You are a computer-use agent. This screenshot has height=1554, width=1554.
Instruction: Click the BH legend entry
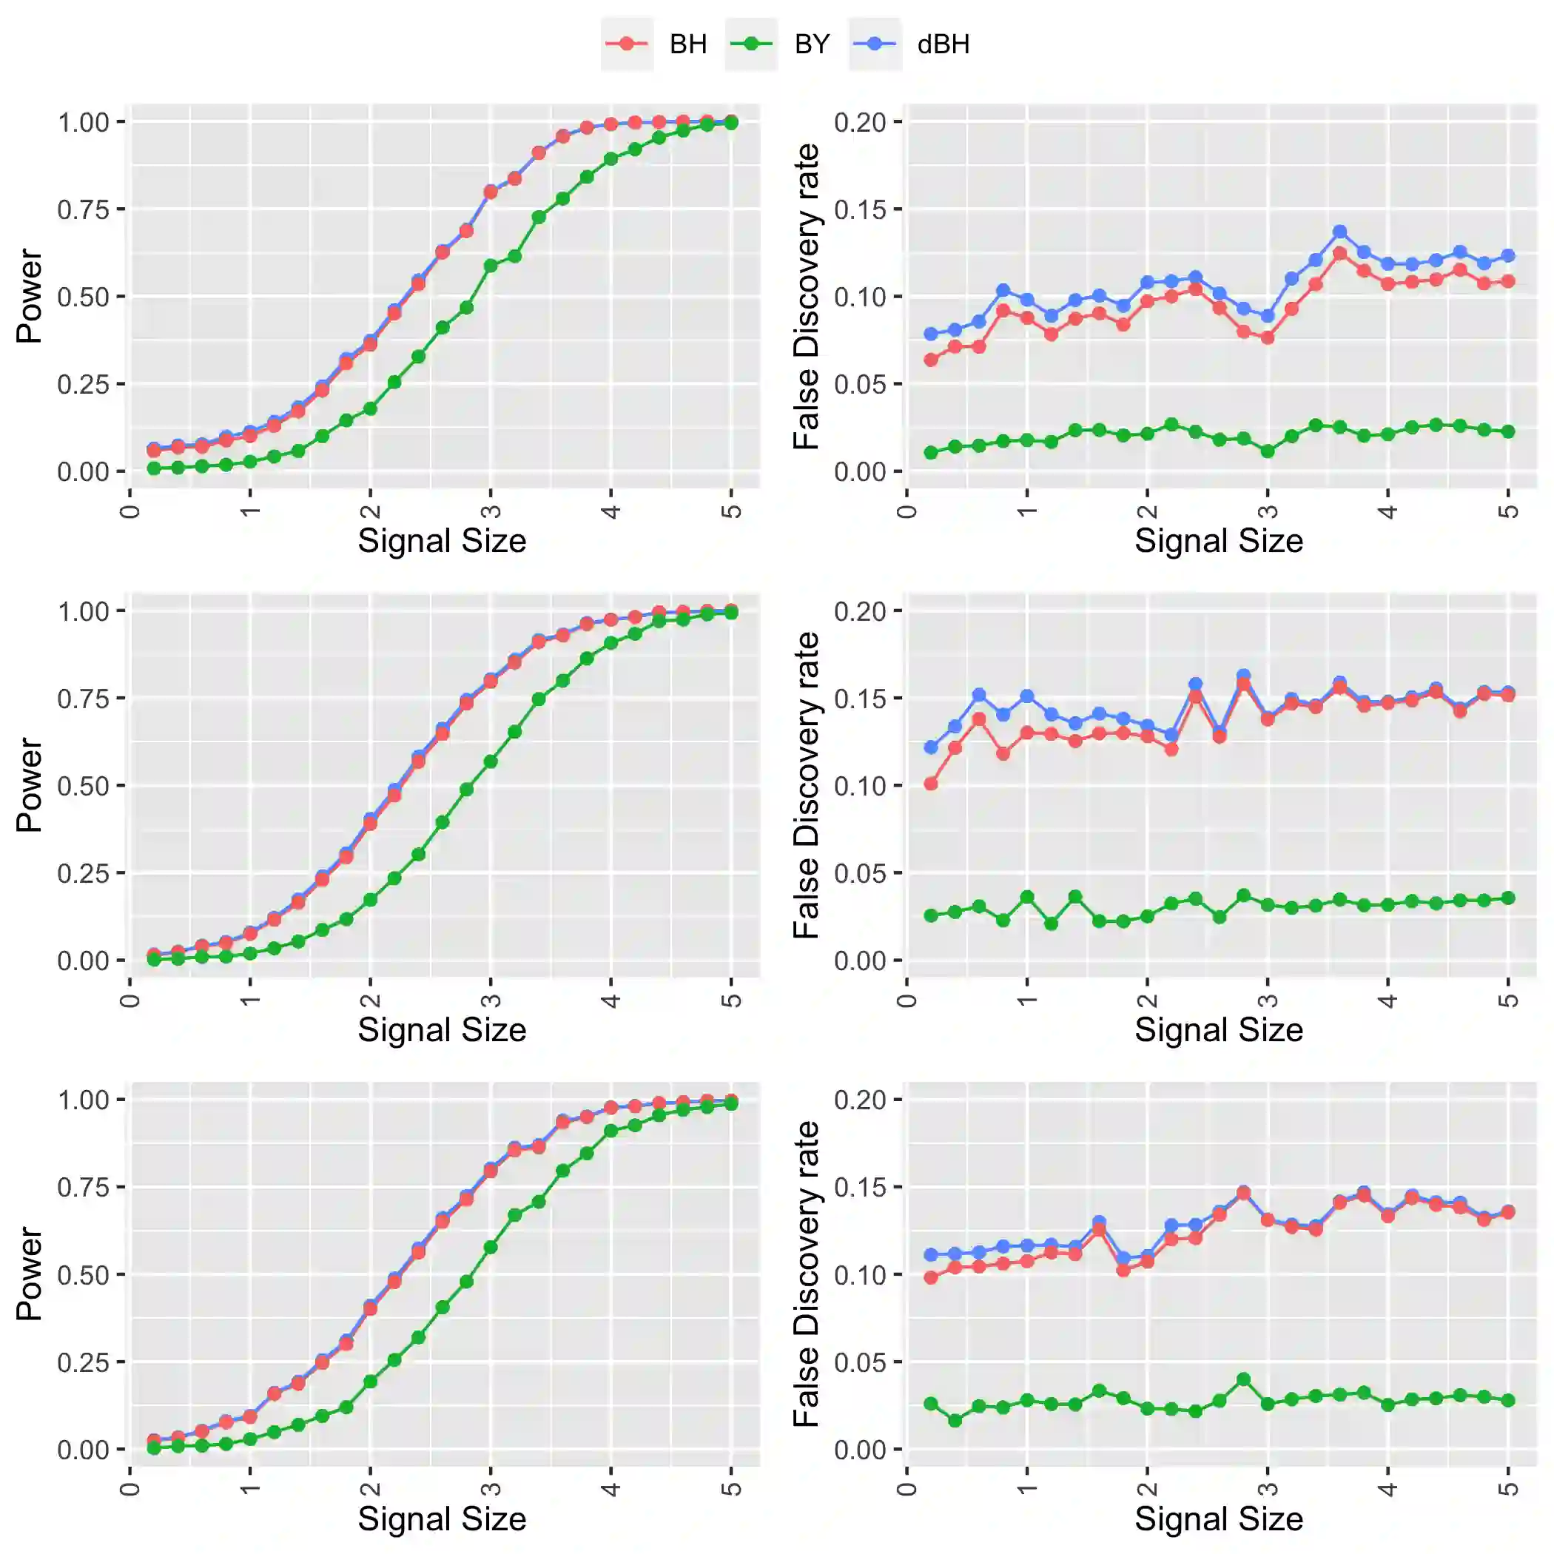[x=655, y=44]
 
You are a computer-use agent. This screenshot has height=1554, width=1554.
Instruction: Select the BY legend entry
[x=778, y=44]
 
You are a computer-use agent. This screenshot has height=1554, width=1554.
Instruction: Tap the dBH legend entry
[x=909, y=44]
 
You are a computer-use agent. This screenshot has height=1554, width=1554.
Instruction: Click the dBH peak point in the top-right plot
[x=1340, y=232]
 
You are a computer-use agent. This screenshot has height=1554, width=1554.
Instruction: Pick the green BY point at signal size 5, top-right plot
[x=1508, y=432]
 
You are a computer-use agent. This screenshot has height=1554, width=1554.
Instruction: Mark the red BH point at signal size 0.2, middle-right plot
[x=931, y=784]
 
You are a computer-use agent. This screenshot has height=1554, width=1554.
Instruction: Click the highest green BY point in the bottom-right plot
[x=1243, y=1379]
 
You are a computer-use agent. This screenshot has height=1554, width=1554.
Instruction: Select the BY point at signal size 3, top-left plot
[x=491, y=266]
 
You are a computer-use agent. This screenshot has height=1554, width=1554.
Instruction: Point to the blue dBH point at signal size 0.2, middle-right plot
[x=931, y=747]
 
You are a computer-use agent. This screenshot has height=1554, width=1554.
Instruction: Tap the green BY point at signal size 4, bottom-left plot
[x=611, y=1131]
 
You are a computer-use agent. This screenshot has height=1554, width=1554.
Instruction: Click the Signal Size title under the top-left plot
[x=442, y=540]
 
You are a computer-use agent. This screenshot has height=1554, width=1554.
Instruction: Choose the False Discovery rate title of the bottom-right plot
[x=806, y=1274]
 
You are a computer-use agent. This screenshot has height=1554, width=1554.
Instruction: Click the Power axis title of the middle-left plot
[x=29, y=785]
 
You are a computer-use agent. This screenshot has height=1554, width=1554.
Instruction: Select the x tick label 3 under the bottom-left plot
[x=491, y=1489]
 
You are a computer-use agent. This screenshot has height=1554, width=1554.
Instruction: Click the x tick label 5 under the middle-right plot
[x=1509, y=1000]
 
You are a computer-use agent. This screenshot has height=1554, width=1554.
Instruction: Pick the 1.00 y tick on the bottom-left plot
[x=83, y=1100]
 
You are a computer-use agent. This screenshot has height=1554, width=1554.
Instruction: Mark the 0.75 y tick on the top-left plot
[x=83, y=210]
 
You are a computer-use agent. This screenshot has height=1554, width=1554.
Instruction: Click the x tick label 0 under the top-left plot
[x=130, y=511]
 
